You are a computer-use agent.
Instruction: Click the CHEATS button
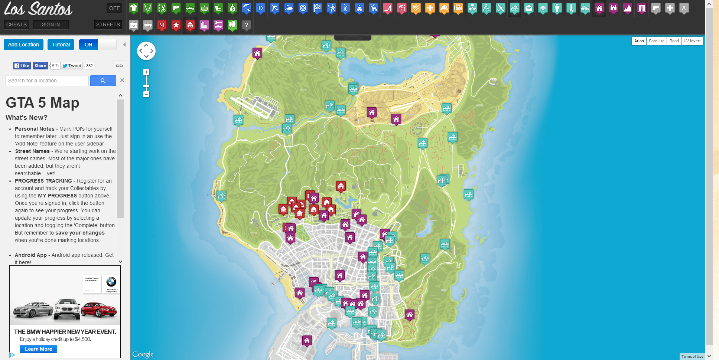16,24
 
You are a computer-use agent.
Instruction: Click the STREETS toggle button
108,24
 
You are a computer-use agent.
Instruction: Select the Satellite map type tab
656,41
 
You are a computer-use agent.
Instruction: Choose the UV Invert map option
692,41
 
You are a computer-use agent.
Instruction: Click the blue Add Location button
23,45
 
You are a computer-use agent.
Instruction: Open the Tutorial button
61,45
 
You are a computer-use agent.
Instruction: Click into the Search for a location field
47,81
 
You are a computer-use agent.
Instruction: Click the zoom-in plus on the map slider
146,72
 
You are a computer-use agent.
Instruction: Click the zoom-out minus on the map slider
146,94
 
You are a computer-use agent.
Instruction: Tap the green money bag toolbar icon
232,8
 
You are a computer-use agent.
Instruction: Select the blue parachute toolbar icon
247,8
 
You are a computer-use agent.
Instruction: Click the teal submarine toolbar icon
585,8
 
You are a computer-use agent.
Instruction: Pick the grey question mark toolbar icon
246,25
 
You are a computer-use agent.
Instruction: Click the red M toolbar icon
162,25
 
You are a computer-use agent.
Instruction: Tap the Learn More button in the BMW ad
39,349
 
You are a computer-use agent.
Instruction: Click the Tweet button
72,66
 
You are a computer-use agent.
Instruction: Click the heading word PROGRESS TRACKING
43,181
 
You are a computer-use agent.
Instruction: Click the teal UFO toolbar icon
543,8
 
